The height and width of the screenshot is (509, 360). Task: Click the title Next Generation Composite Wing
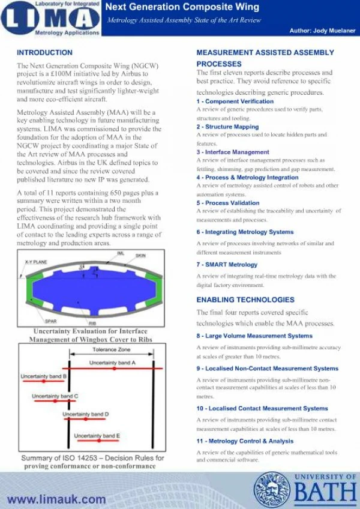(182, 7)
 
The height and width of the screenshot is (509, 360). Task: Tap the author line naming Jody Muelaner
(320, 30)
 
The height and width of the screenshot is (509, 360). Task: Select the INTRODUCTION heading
(45, 53)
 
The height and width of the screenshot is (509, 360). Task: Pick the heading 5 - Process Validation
(228, 203)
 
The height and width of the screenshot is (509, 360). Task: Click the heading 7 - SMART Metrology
(227, 265)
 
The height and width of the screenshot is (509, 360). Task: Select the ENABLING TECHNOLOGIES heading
(245, 300)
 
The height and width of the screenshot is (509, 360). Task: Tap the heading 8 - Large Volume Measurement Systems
(254, 336)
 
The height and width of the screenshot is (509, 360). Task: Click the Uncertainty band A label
(112, 363)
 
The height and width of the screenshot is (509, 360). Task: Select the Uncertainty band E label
(97, 435)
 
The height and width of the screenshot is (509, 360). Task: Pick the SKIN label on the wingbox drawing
(140, 256)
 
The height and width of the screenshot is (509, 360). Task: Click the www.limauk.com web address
(56, 499)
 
